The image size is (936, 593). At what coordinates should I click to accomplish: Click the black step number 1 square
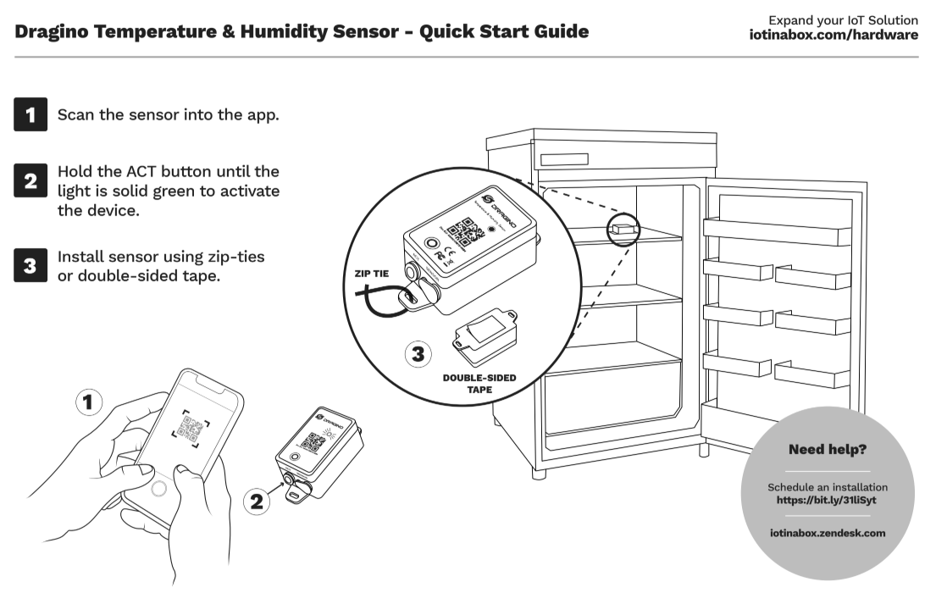click(x=30, y=115)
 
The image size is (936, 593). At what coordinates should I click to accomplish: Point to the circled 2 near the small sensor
click(x=255, y=502)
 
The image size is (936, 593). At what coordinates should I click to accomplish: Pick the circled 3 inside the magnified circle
click(x=418, y=355)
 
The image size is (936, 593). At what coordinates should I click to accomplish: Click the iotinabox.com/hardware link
click(x=834, y=35)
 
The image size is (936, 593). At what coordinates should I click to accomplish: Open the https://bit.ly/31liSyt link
click(x=827, y=500)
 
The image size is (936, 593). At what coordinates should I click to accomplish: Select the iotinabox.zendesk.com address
click(x=828, y=533)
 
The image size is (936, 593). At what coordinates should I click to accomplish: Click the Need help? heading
click(x=828, y=449)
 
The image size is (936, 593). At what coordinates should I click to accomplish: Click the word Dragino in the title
click(x=52, y=32)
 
